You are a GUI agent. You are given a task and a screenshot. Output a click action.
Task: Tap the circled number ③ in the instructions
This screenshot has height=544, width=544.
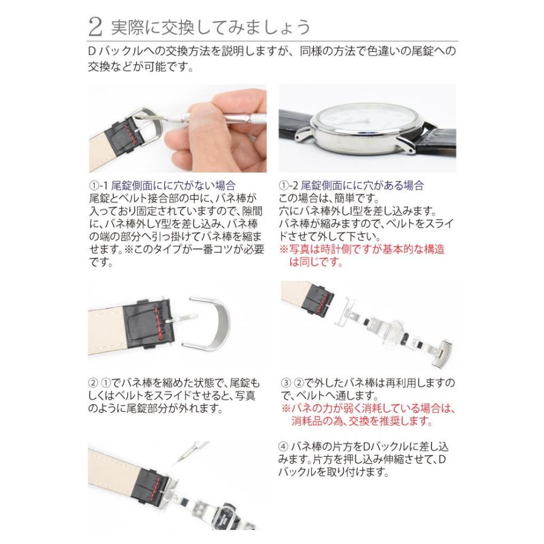(x=287, y=383)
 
